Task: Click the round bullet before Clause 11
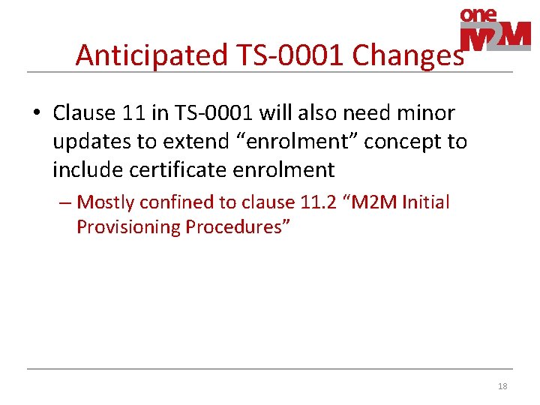(36, 114)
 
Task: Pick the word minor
(427, 113)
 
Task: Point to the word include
(88, 170)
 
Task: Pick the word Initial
(426, 202)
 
